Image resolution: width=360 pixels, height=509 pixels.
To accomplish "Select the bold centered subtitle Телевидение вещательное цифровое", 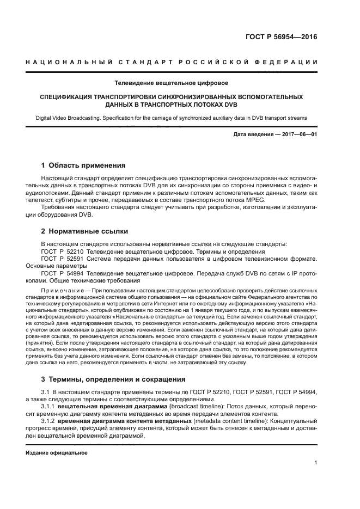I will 171,83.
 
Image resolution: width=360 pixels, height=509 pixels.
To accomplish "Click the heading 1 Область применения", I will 83,165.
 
